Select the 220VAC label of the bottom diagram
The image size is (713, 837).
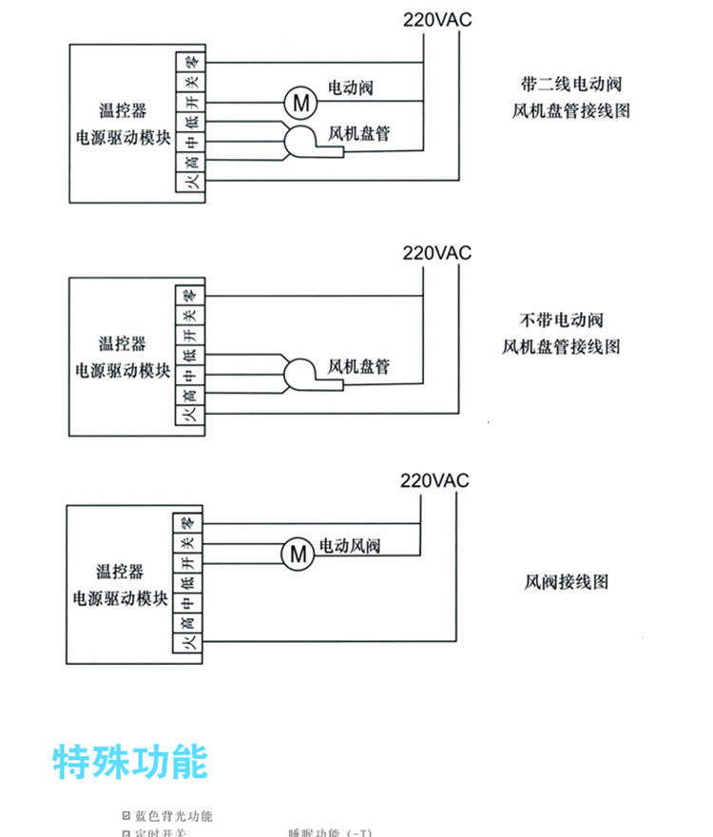[435, 480]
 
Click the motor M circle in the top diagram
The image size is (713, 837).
[299, 100]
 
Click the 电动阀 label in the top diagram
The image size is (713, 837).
[351, 88]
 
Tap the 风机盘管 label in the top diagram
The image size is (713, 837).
[359, 133]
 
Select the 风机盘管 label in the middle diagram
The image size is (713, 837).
[358, 365]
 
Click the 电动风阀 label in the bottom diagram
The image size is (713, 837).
[350, 546]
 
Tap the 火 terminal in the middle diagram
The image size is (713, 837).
[190, 415]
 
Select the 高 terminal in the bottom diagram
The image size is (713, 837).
[189, 623]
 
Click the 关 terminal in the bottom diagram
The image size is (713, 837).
[189, 543]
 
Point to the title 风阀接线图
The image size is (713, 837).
[566, 581]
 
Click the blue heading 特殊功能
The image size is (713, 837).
[130, 761]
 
